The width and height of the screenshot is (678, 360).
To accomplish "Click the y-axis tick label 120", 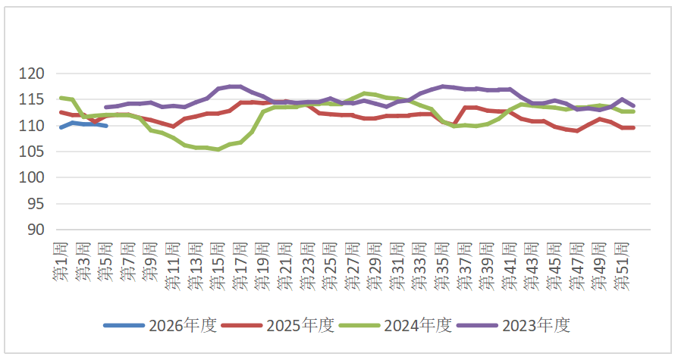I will click(x=33, y=74).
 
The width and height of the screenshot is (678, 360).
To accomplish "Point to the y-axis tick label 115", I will click(x=33, y=99).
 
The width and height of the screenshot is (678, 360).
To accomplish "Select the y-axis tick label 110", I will click(x=33, y=126).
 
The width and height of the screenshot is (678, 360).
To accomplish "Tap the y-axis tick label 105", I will click(x=33, y=152).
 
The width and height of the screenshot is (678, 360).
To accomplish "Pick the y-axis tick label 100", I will click(x=33, y=177).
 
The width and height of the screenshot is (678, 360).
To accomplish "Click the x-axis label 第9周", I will click(x=149, y=262).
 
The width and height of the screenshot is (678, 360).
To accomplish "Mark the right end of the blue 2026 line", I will click(x=106, y=126).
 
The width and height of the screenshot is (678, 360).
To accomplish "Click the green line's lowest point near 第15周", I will click(x=218, y=149).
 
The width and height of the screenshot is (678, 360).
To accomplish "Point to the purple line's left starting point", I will click(x=105, y=107).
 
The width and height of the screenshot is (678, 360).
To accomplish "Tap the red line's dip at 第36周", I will click(x=454, y=124).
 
